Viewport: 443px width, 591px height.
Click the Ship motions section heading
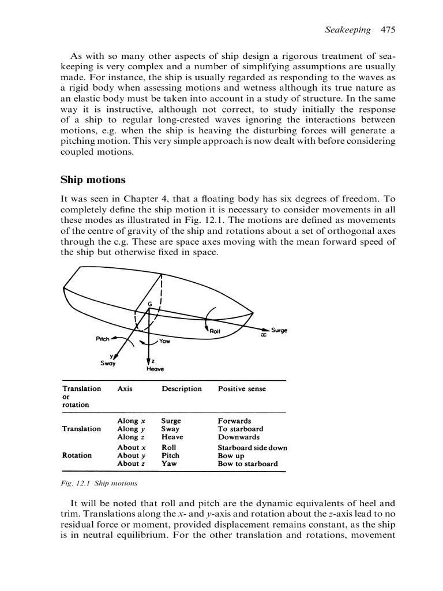(89, 180)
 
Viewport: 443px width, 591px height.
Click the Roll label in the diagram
(216, 330)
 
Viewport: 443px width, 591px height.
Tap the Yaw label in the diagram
(164, 341)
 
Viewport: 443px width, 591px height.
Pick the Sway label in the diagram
(107, 363)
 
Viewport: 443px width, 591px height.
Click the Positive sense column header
(242, 389)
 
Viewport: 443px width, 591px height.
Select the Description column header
(182, 389)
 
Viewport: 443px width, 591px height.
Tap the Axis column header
(125, 389)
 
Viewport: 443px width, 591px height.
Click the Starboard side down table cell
(252, 447)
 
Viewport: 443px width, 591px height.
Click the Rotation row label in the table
(77, 455)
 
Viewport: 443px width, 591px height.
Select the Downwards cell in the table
(238, 437)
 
